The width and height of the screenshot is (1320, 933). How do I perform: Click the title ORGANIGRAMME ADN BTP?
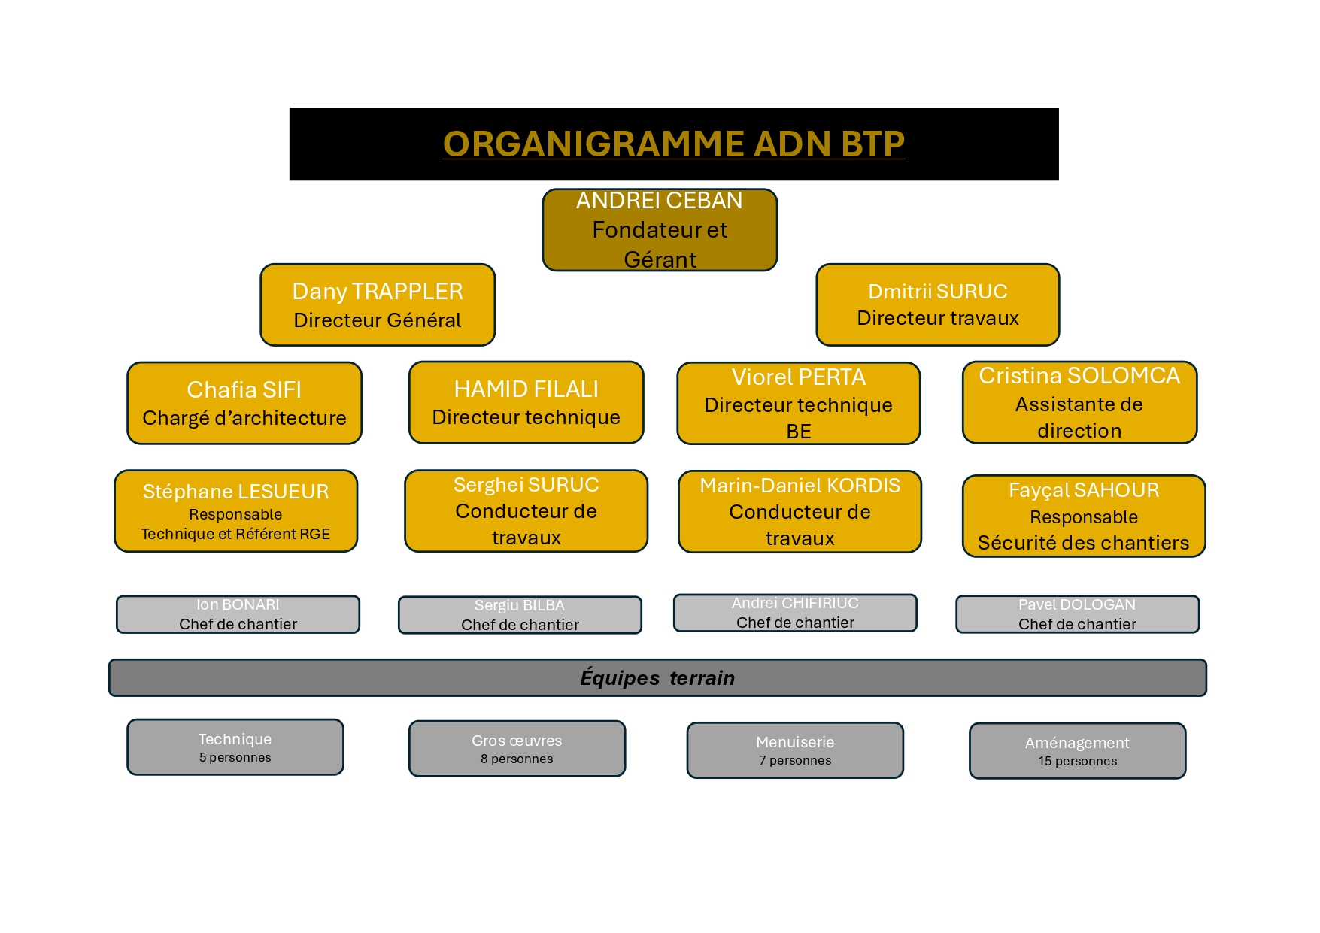673,144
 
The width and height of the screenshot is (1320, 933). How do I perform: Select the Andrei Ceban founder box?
660,229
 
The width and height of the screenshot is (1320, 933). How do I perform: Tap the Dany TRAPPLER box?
378,304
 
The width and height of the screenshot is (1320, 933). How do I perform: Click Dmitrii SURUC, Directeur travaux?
938,304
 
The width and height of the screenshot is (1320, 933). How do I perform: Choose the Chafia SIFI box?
244,403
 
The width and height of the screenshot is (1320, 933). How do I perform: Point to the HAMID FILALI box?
526,402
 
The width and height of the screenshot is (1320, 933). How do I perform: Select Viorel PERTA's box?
799,403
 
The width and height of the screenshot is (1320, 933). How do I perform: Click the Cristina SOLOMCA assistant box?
1079,402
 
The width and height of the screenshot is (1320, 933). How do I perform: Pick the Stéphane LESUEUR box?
235,511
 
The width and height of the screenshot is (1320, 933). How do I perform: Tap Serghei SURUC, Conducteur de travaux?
526,511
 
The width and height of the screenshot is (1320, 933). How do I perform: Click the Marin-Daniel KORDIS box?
800,512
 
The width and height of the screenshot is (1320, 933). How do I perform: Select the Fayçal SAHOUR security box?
1084,516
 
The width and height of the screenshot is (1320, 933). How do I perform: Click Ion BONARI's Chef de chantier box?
238,614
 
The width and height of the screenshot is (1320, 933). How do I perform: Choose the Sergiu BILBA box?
520,615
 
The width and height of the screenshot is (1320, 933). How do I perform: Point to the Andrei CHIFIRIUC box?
795,613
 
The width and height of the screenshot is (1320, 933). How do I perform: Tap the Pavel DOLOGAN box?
1077,614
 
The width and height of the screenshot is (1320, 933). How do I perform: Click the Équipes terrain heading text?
657,678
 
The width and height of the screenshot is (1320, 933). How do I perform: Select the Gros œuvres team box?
517,749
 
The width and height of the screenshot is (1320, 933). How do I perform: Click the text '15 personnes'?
1078,761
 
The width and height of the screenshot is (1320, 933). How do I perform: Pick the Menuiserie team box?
795,750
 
